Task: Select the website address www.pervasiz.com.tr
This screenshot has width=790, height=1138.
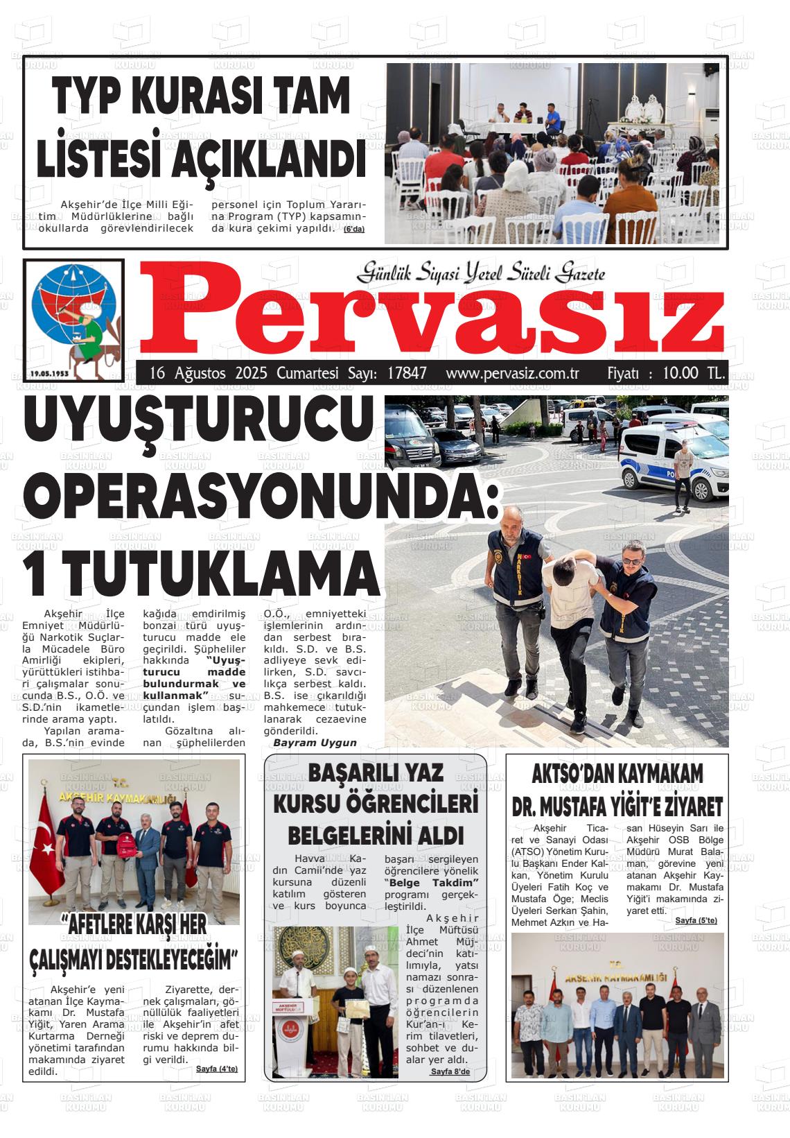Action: coord(512,373)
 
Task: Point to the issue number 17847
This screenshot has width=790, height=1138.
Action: coord(407,373)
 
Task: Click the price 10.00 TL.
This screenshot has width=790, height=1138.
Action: coord(693,373)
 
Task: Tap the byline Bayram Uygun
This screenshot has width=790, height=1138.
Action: coord(315,743)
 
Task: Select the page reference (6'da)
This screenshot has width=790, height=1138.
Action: coord(353,230)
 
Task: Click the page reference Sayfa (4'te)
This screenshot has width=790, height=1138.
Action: coord(217,1069)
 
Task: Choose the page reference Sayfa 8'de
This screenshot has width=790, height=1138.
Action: coord(450,1071)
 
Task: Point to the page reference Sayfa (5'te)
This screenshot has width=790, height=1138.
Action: coord(696,920)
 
